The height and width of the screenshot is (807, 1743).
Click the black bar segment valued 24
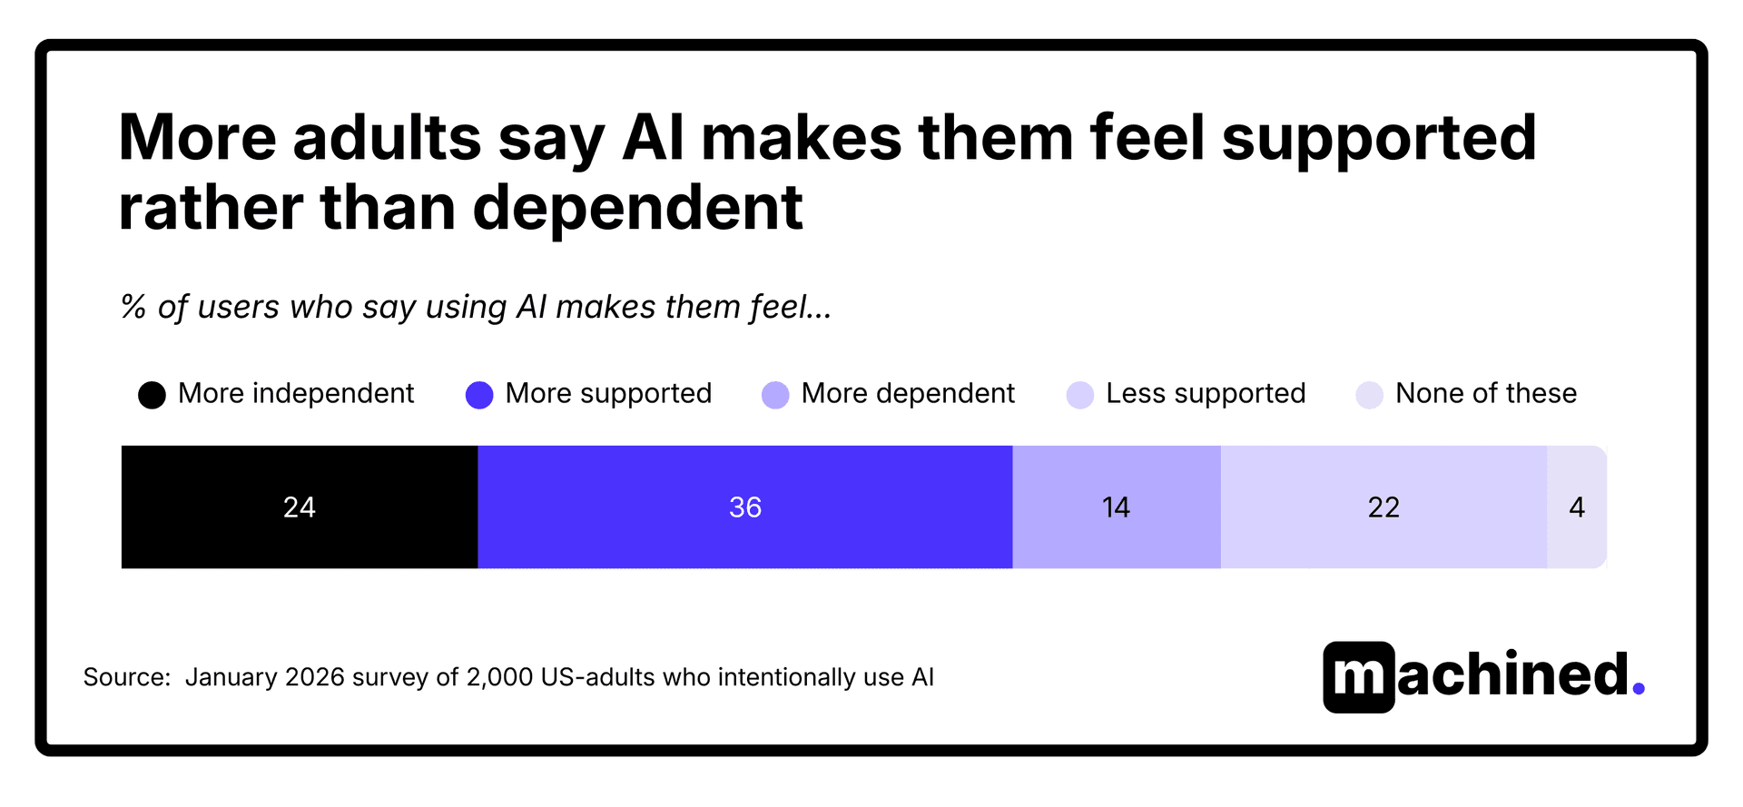pos(300,507)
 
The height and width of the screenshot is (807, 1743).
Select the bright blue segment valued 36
pos(744,507)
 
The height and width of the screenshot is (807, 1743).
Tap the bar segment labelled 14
pos(1116,507)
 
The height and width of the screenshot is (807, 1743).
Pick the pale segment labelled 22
pos(1384,507)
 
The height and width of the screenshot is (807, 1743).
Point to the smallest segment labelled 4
pos(1577,507)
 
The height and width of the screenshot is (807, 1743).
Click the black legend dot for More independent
pos(152,395)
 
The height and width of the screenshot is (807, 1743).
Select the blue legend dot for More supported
pos(479,395)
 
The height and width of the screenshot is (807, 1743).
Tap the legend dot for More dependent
pos(775,395)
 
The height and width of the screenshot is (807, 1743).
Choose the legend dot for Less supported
pos(1079,395)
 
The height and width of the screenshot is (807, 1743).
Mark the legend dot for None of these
pos(1369,395)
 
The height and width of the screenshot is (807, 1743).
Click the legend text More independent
pos(296,393)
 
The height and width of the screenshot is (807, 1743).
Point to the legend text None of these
pos(1486,393)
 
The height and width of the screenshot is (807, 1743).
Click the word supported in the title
pos(1378,139)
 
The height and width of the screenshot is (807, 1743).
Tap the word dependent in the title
pos(637,208)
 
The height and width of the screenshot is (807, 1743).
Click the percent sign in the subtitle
pos(133,307)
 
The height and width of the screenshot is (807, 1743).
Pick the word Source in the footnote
pos(125,677)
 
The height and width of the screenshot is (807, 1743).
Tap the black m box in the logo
pos(1358,677)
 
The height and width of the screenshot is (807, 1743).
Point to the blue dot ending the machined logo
pos(1639,689)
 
